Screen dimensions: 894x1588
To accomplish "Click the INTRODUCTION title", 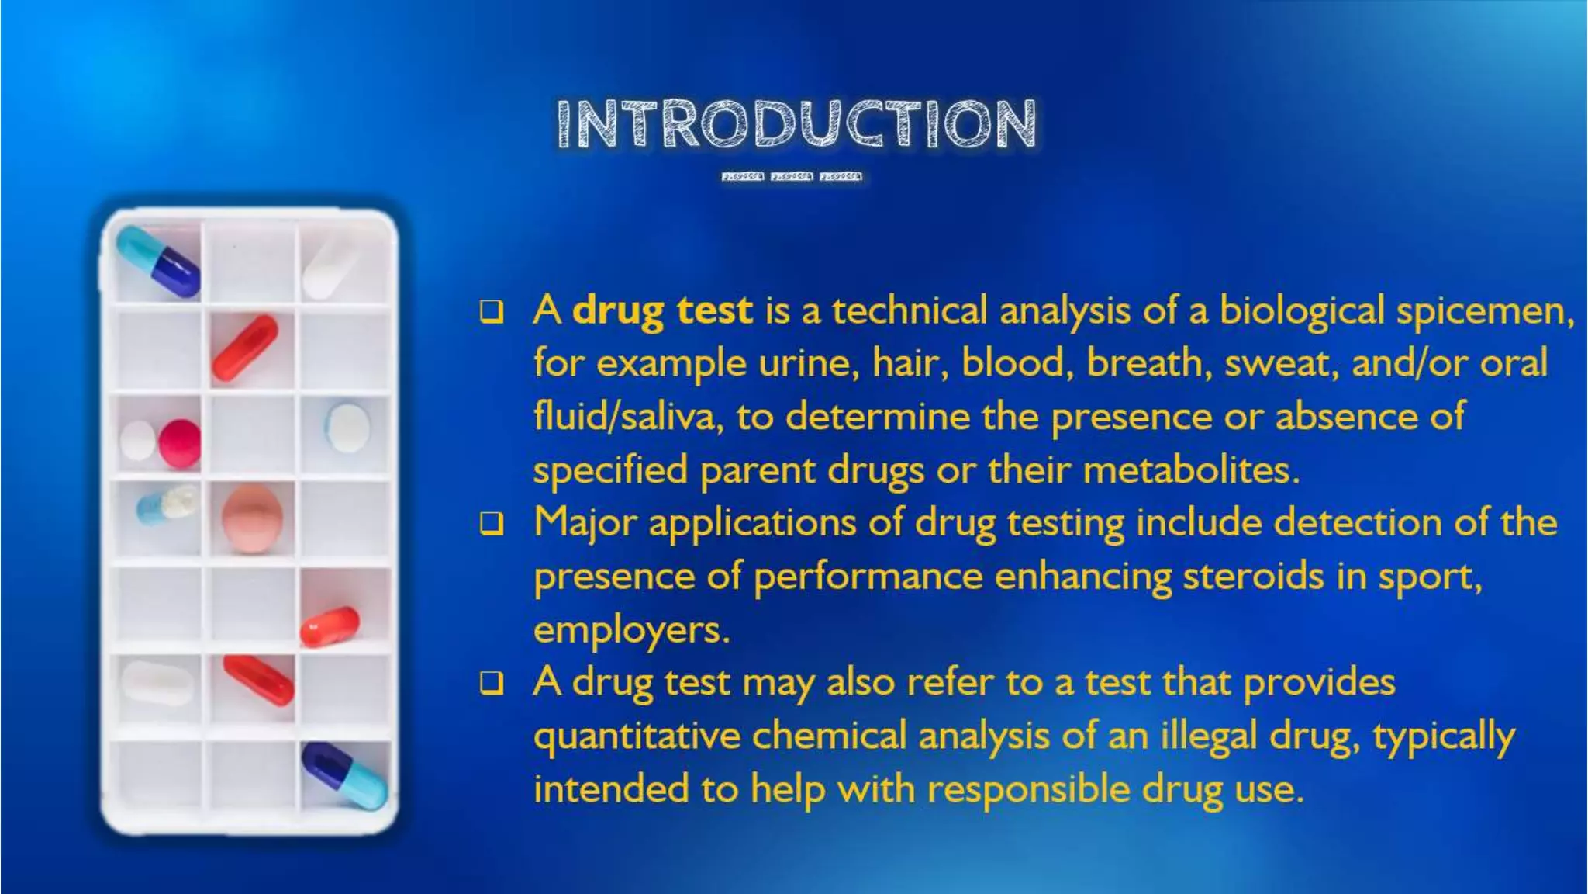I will point(796,123).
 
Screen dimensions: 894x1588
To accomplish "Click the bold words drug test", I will point(662,311).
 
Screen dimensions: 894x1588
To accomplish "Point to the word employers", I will point(631,630).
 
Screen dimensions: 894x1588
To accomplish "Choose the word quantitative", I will point(637,736).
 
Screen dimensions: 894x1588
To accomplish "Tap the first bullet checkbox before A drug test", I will point(492,312).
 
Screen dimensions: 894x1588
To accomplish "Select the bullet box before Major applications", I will point(492,524).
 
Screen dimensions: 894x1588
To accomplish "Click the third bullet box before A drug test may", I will point(492,683).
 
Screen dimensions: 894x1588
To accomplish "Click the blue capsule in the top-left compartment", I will point(158,262).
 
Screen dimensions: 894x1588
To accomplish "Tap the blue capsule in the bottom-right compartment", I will point(344,775).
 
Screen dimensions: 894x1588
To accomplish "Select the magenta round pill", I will point(180,443).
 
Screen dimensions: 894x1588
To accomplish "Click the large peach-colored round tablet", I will point(252,518).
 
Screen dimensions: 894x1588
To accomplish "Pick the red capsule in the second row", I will point(245,348).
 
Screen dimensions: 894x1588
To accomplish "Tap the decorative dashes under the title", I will point(792,177).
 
